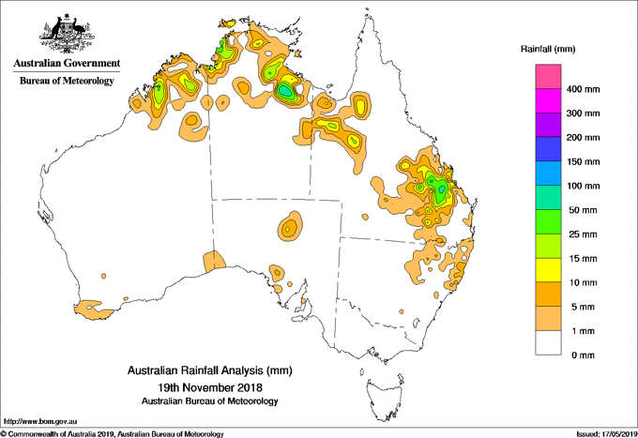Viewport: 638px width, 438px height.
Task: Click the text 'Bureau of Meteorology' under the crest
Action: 67,82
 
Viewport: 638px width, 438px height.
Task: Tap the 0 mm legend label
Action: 582,355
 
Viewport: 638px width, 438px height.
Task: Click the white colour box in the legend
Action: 548,342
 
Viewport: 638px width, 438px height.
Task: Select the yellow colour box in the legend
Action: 548,270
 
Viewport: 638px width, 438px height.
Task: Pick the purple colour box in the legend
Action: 548,126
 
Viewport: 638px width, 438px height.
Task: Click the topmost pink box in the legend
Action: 548,77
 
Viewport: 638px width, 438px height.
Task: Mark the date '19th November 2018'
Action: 210,386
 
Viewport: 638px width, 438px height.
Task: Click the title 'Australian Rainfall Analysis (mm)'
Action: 210,371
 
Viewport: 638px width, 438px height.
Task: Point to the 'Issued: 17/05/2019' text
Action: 602,433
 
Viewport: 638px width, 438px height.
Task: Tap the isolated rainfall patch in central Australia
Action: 290,226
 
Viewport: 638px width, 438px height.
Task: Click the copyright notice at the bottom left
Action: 113,433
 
